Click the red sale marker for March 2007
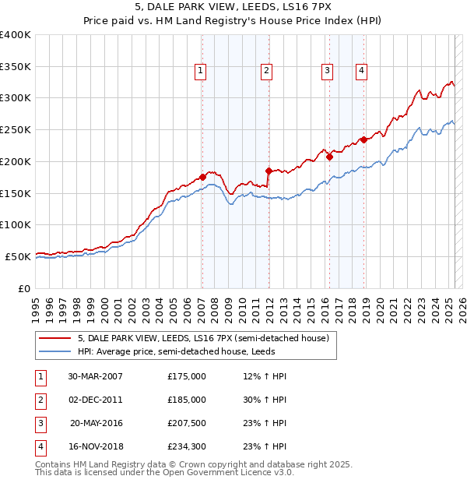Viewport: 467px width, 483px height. point(203,177)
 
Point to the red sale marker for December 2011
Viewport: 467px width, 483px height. point(268,171)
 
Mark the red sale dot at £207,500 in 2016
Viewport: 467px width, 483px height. point(329,157)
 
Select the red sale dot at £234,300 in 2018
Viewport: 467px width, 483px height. point(363,140)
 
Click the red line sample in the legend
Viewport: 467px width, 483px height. point(54,339)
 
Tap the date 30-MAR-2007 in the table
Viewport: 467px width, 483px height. point(95,376)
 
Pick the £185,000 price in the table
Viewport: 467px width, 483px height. point(187,400)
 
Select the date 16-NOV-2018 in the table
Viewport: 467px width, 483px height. point(96,446)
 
